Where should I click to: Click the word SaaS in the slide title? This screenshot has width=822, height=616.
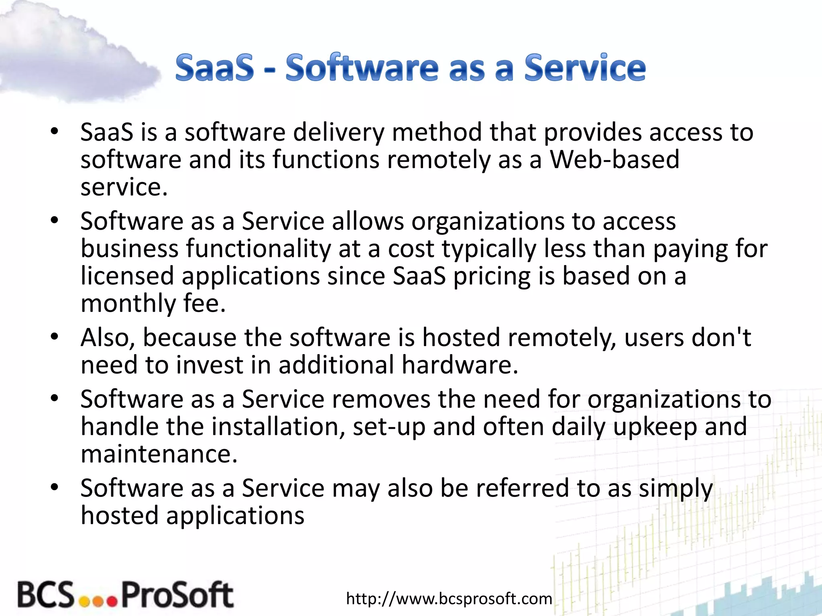pos(215,68)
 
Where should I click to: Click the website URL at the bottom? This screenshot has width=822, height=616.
pos(449,599)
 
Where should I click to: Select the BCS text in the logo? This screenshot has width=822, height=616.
pos(46,594)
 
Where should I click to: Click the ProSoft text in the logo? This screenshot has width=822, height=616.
pos(177,594)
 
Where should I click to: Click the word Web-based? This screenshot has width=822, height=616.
pos(614,160)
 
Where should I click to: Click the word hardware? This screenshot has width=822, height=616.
pos(460,365)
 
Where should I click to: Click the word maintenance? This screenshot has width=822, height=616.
pos(159,454)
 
